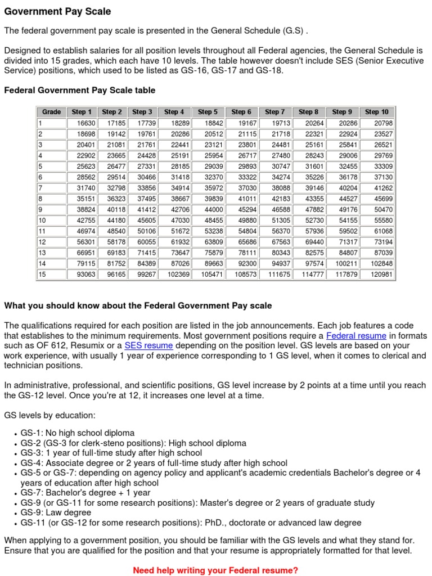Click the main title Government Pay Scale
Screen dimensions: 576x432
[x=57, y=12]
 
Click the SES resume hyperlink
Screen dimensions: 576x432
[x=148, y=345]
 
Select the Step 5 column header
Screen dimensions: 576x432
[x=208, y=112]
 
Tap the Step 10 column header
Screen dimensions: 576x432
[x=376, y=112]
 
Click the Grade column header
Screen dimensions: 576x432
[x=52, y=112]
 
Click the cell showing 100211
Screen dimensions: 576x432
[x=345, y=264]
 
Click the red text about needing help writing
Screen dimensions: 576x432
[x=215, y=570]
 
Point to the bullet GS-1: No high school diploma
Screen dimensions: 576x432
[x=78, y=433]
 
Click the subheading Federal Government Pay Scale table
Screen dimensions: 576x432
[x=80, y=90]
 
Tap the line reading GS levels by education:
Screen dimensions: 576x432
[x=50, y=415]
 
